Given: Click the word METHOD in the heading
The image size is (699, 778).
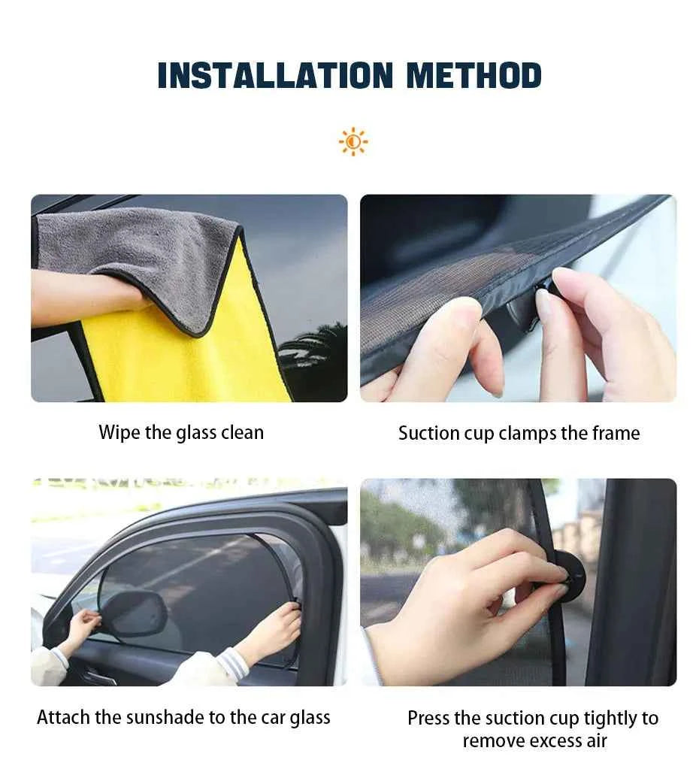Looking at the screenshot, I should pos(474,76).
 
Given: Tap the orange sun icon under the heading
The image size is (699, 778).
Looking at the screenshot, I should pos(353,142).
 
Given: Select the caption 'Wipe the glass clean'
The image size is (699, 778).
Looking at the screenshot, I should pos(181,433).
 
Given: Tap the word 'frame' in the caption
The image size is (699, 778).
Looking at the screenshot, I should pos(614,434).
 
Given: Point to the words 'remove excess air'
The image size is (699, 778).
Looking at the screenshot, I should pos(534,741).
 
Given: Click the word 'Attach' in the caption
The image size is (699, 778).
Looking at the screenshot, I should pos(61,718).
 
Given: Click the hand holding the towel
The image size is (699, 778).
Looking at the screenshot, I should pos(113,297).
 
